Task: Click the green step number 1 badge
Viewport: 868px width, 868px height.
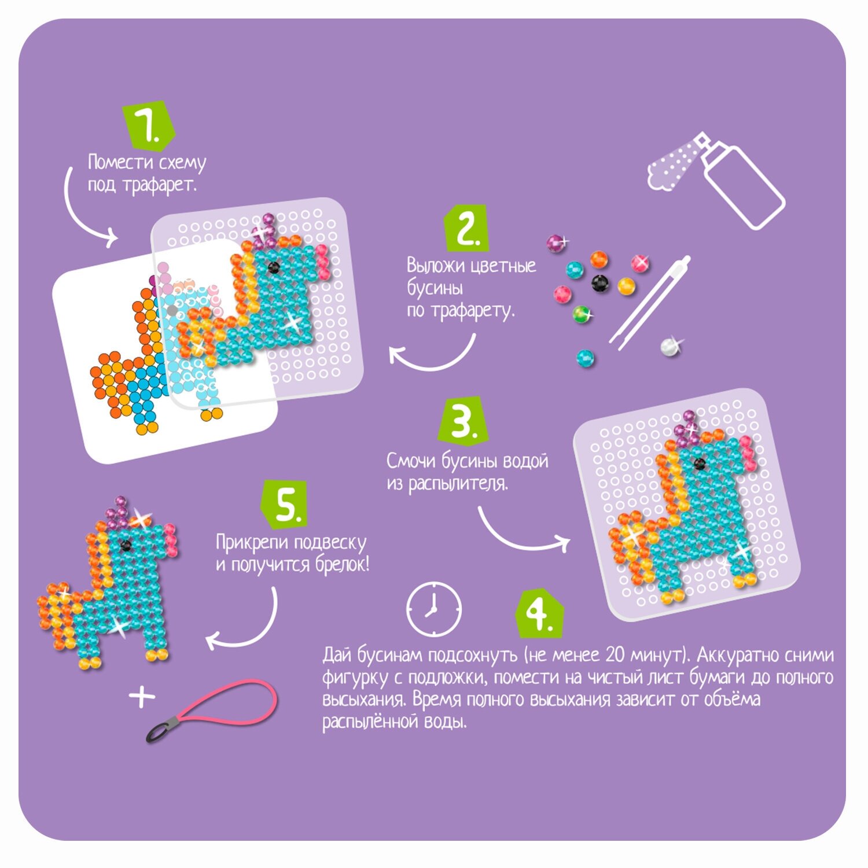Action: tap(149, 124)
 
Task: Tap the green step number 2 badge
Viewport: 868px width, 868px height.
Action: tap(465, 228)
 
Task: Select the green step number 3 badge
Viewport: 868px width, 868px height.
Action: tap(462, 420)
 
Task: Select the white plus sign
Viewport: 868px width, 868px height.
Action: tap(142, 697)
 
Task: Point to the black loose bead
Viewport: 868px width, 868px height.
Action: tap(601, 283)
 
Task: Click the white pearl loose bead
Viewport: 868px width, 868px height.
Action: tap(670, 345)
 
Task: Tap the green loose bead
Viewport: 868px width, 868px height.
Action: tap(582, 315)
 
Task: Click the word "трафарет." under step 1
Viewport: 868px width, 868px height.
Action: tap(160, 185)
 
